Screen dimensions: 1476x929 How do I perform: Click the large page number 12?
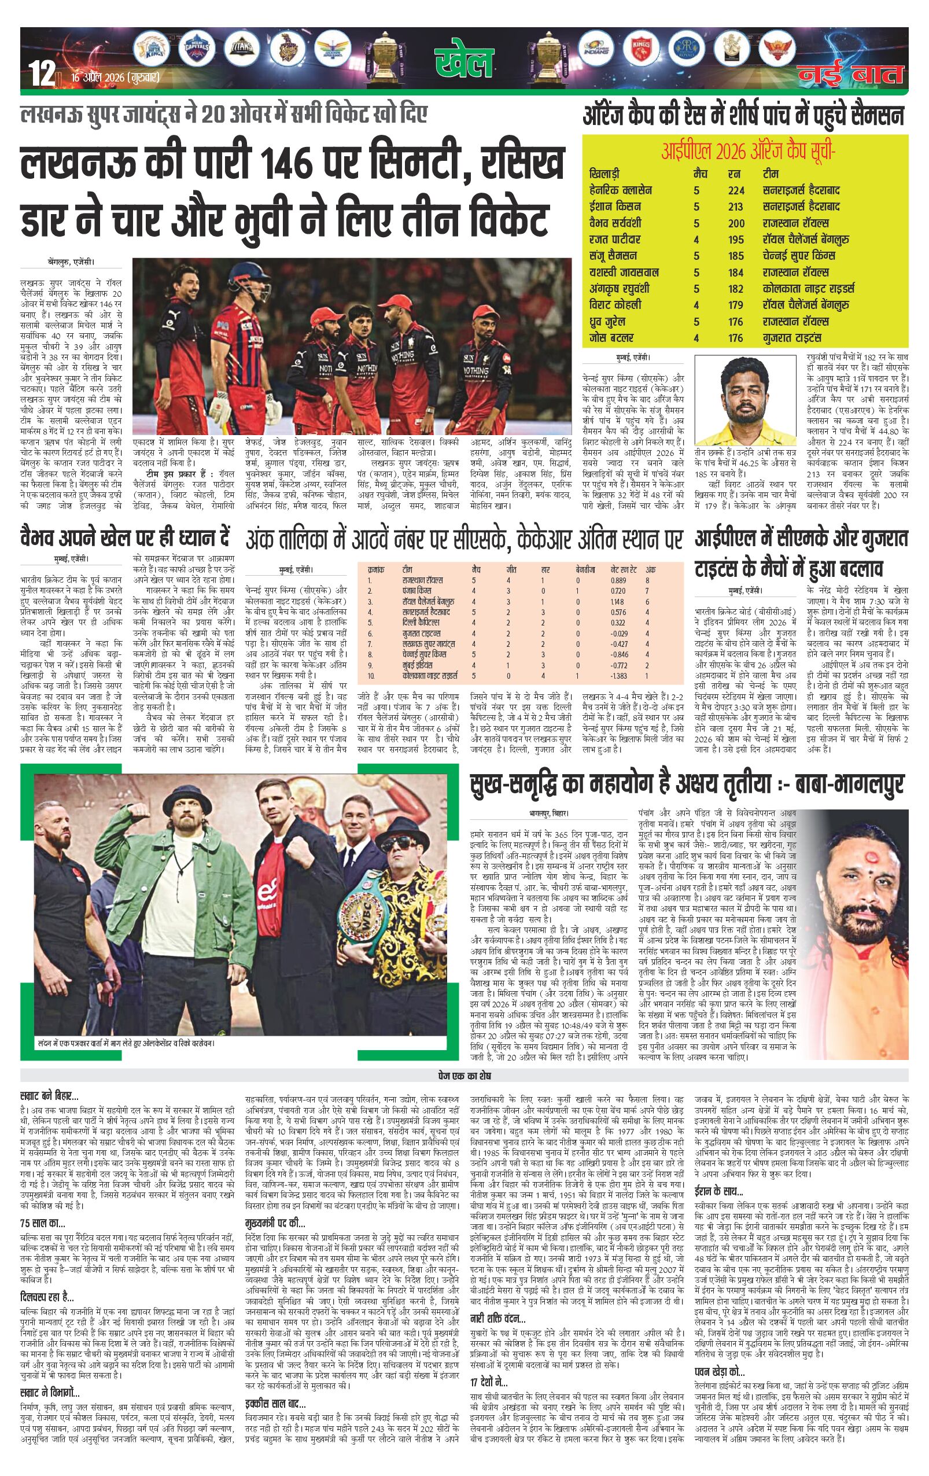tap(42, 76)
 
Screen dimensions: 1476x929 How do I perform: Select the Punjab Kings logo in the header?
tap(640, 49)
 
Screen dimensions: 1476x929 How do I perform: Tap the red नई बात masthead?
tap(850, 75)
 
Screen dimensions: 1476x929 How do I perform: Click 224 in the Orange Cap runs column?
tap(736, 190)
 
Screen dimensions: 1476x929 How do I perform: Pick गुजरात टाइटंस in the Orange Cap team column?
tap(795, 338)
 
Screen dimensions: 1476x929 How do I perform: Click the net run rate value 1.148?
tap(618, 602)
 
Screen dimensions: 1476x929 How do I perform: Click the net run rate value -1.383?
tap(619, 675)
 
